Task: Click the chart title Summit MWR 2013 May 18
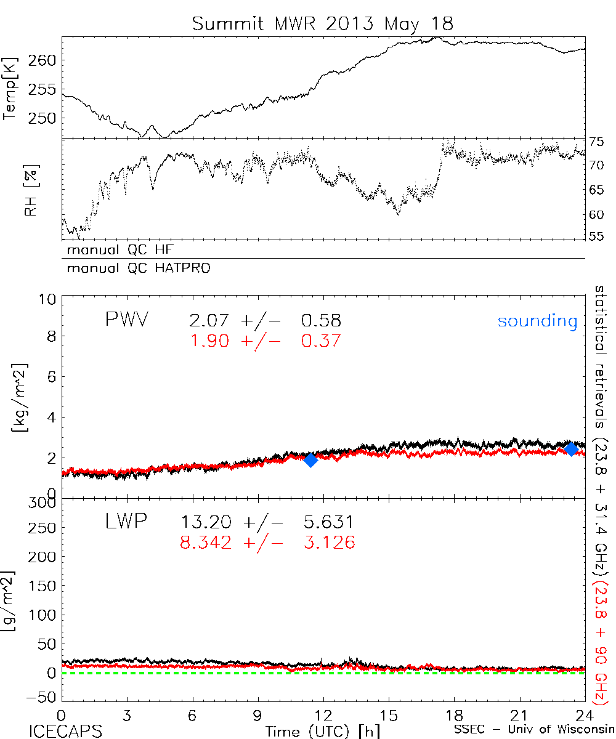point(323,23)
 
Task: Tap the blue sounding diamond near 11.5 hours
point(310,459)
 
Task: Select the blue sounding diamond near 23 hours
point(571,448)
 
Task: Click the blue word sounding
point(538,321)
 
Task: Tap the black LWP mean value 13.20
point(206,523)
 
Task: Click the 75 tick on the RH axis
point(596,142)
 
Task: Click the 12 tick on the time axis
point(323,717)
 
